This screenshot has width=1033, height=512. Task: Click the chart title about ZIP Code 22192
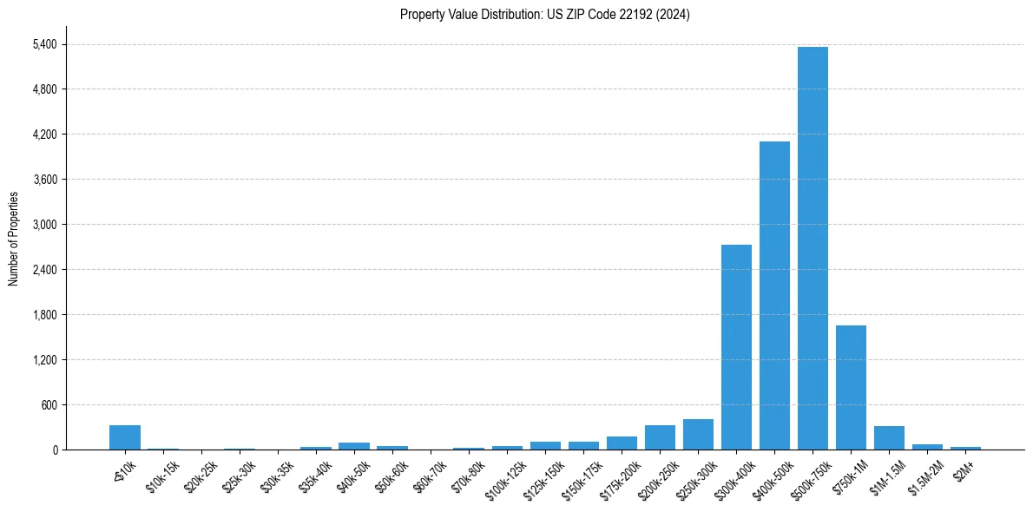(544, 15)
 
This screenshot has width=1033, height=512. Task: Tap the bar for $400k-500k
(774, 295)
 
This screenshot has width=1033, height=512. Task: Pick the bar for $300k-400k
(736, 347)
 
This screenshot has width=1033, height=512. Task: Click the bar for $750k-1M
(851, 387)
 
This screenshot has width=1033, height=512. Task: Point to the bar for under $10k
(125, 437)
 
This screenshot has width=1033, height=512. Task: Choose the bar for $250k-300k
(698, 434)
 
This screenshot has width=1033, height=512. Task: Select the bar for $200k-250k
(660, 437)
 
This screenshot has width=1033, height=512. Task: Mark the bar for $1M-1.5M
(889, 437)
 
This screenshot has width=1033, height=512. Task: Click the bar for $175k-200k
(622, 443)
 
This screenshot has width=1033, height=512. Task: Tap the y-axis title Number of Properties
(14, 239)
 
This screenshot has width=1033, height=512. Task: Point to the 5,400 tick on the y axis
(43, 44)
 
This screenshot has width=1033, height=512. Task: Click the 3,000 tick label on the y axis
(43, 225)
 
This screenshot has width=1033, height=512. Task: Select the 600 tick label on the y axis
(47, 404)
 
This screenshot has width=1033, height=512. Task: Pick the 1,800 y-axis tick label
(43, 314)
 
